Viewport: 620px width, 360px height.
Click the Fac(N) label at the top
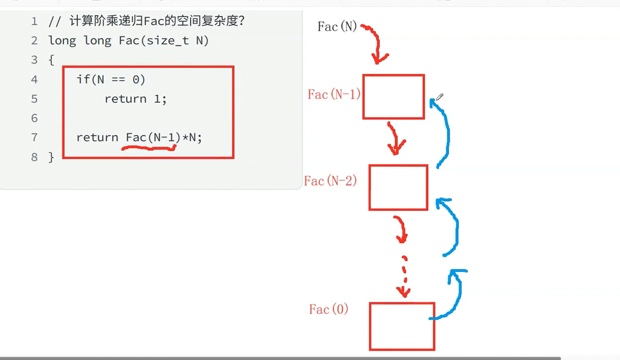[337, 27]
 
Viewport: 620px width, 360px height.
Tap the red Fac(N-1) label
[334, 95]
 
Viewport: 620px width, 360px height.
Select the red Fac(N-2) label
[330, 181]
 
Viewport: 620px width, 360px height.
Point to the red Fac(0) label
[329, 309]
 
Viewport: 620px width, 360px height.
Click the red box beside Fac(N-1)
[393, 97]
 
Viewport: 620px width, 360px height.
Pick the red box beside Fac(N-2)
[398, 187]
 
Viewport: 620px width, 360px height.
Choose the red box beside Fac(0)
[402, 326]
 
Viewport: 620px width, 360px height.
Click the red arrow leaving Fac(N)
[376, 43]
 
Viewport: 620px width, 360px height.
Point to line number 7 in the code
[34, 138]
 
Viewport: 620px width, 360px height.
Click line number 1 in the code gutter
[34, 22]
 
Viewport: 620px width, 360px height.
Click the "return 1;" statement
[135, 99]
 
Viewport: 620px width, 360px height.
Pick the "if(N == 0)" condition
[111, 79]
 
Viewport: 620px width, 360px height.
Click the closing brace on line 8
[51, 157]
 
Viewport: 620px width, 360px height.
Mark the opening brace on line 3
[51, 60]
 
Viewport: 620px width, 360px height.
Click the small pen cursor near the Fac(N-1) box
[439, 97]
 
